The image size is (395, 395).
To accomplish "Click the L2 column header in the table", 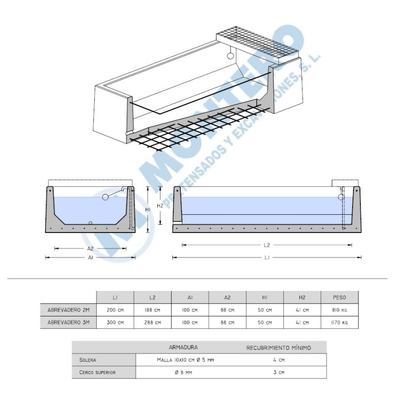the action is (x=153, y=298).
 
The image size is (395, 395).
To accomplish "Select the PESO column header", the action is (x=339, y=298).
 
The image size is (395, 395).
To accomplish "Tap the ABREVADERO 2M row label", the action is (x=69, y=310).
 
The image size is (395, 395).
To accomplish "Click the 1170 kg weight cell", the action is (x=339, y=322).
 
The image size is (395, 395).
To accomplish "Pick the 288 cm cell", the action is (x=153, y=322).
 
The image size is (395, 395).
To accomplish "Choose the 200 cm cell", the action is (x=115, y=310).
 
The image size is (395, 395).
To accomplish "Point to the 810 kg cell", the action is (x=339, y=310).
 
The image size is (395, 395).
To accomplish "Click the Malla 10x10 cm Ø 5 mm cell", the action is (x=185, y=360).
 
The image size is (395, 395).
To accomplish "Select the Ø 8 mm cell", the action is (x=183, y=372).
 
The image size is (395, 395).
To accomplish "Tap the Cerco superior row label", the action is (x=97, y=372).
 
